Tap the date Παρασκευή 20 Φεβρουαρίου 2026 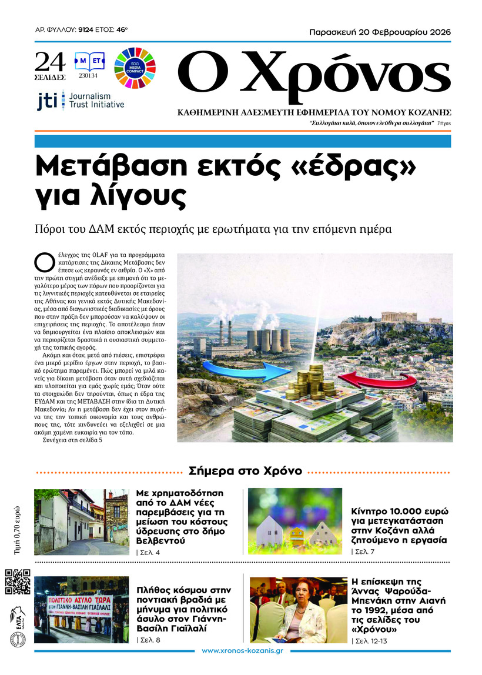pyautogui.click(x=380, y=32)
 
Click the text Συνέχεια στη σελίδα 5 pyautogui.click(x=69, y=457)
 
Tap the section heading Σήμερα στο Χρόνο pyautogui.click(x=245, y=471)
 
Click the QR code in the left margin pyautogui.click(x=17, y=582)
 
